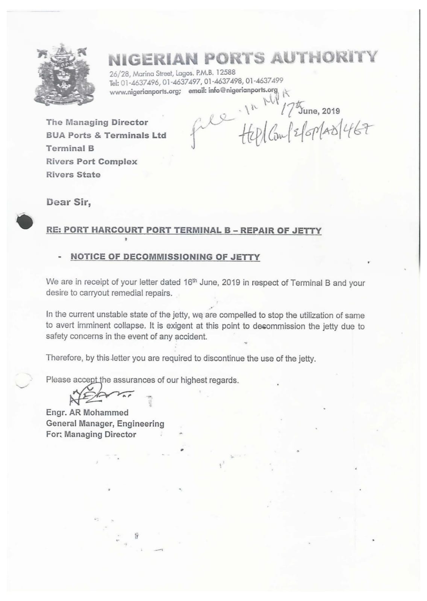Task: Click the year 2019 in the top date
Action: click(x=331, y=111)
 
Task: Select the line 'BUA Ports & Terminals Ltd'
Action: click(x=106, y=135)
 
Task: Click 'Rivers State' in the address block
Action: click(x=73, y=175)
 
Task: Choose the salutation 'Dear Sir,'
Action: click(x=68, y=202)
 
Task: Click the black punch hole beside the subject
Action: click(x=25, y=221)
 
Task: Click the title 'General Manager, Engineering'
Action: click(x=105, y=423)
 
